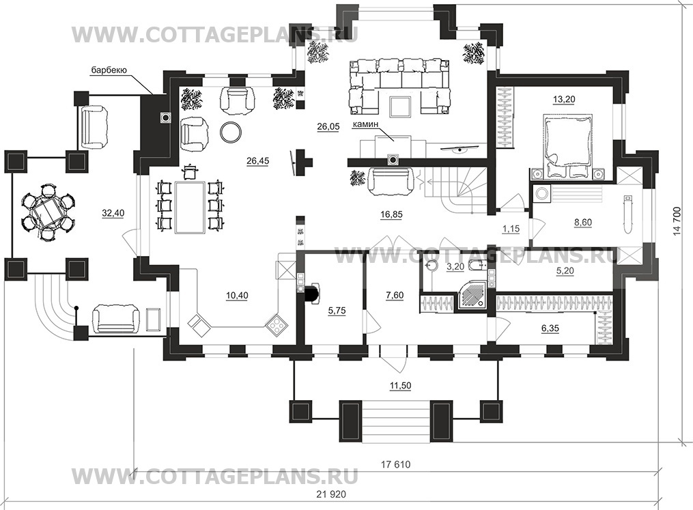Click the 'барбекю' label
point(109,70)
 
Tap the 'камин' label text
point(365,125)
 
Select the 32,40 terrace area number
point(113,213)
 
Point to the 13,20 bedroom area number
point(564,99)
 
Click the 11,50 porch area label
point(400,385)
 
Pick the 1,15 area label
point(511,229)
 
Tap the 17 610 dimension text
point(395,464)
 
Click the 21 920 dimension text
point(331,494)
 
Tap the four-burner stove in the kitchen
point(277,325)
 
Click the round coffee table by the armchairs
point(231,131)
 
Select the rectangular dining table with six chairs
point(190,206)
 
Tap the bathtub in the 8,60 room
point(628,215)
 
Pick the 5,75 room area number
point(337,311)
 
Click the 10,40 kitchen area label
point(237,295)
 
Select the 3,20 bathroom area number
point(455,266)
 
